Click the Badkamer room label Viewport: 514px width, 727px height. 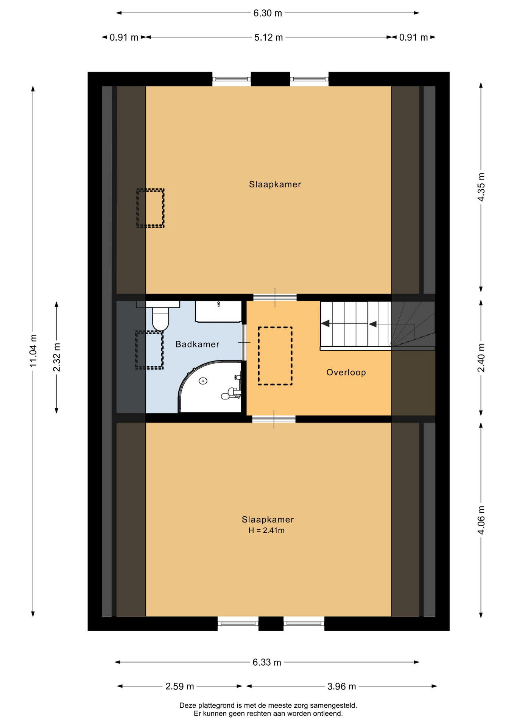pyautogui.click(x=197, y=344)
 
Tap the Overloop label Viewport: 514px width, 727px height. pyautogui.click(x=346, y=372)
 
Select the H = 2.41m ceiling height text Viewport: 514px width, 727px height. pyautogui.click(x=266, y=530)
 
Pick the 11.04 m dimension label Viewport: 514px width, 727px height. pyautogui.click(x=33, y=350)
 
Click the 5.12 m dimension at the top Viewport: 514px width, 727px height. pyautogui.click(x=268, y=37)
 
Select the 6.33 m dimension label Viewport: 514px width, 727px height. pyautogui.click(x=267, y=662)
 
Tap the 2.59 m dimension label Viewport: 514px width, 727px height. pyautogui.click(x=180, y=686)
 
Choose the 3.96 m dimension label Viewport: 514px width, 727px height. pyautogui.click(x=341, y=686)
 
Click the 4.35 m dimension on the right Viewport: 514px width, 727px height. pyautogui.click(x=481, y=187)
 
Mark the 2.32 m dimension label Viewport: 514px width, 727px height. pyautogui.click(x=57, y=357)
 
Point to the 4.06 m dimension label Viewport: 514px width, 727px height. pyautogui.click(x=481, y=520)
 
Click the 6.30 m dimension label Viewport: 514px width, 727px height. pyautogui.click(x=268, y=13)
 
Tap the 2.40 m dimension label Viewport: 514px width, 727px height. pyautogui.click(x=481, y=357)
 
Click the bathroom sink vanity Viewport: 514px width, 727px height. pyautogui.click(x=218, y=312)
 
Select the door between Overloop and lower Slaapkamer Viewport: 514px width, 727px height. pyautogui.click(x=274, y=419)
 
